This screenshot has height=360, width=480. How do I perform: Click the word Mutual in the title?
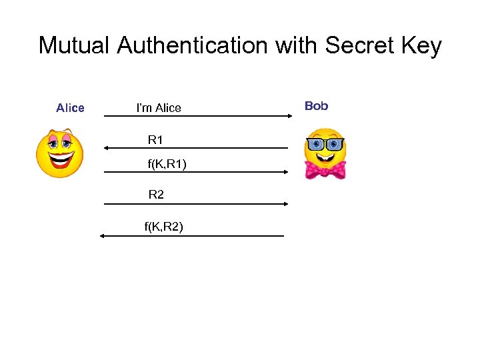[74, 46]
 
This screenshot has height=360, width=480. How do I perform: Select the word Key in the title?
[421, 46]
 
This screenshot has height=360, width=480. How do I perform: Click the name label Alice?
[70, 108]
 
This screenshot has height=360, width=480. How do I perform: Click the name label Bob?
[316, 106]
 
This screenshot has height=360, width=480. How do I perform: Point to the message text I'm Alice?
[159, 108]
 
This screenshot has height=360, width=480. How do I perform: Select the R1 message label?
[155, 140]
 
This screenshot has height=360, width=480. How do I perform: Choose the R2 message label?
[156, 195]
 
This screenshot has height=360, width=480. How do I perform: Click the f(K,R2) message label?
[164, 227]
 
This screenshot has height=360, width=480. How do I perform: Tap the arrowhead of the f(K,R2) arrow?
[103, 236]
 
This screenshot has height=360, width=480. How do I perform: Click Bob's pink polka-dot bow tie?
[325, 169]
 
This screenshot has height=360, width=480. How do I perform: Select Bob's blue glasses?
[325, 145]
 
